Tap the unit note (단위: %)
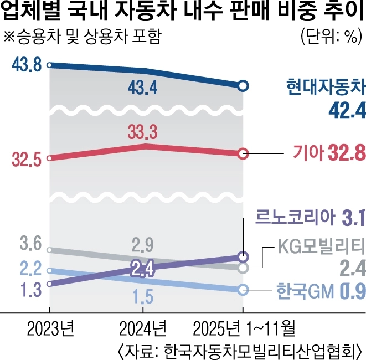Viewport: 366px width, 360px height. click(330, 38)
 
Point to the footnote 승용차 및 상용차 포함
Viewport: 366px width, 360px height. click(83, 38)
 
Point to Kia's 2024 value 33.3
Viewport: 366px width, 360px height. click(143, 131)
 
